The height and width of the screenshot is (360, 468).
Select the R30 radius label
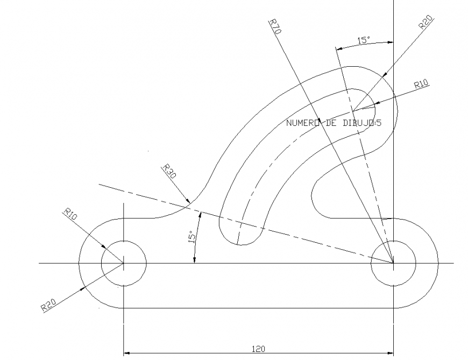coord(168,172)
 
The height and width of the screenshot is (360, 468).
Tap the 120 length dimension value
coord(258,349)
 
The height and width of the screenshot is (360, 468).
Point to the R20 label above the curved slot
coord(426,24)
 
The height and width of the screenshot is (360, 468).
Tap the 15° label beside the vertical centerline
coord(364,40)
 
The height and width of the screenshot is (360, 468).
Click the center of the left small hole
coord(124,263)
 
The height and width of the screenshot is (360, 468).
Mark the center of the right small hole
coord(393,263)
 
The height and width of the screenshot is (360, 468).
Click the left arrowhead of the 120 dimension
coord(127,354)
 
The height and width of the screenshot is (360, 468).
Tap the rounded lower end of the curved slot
coord(242,242)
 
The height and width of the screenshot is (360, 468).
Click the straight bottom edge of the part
coord(258,308)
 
